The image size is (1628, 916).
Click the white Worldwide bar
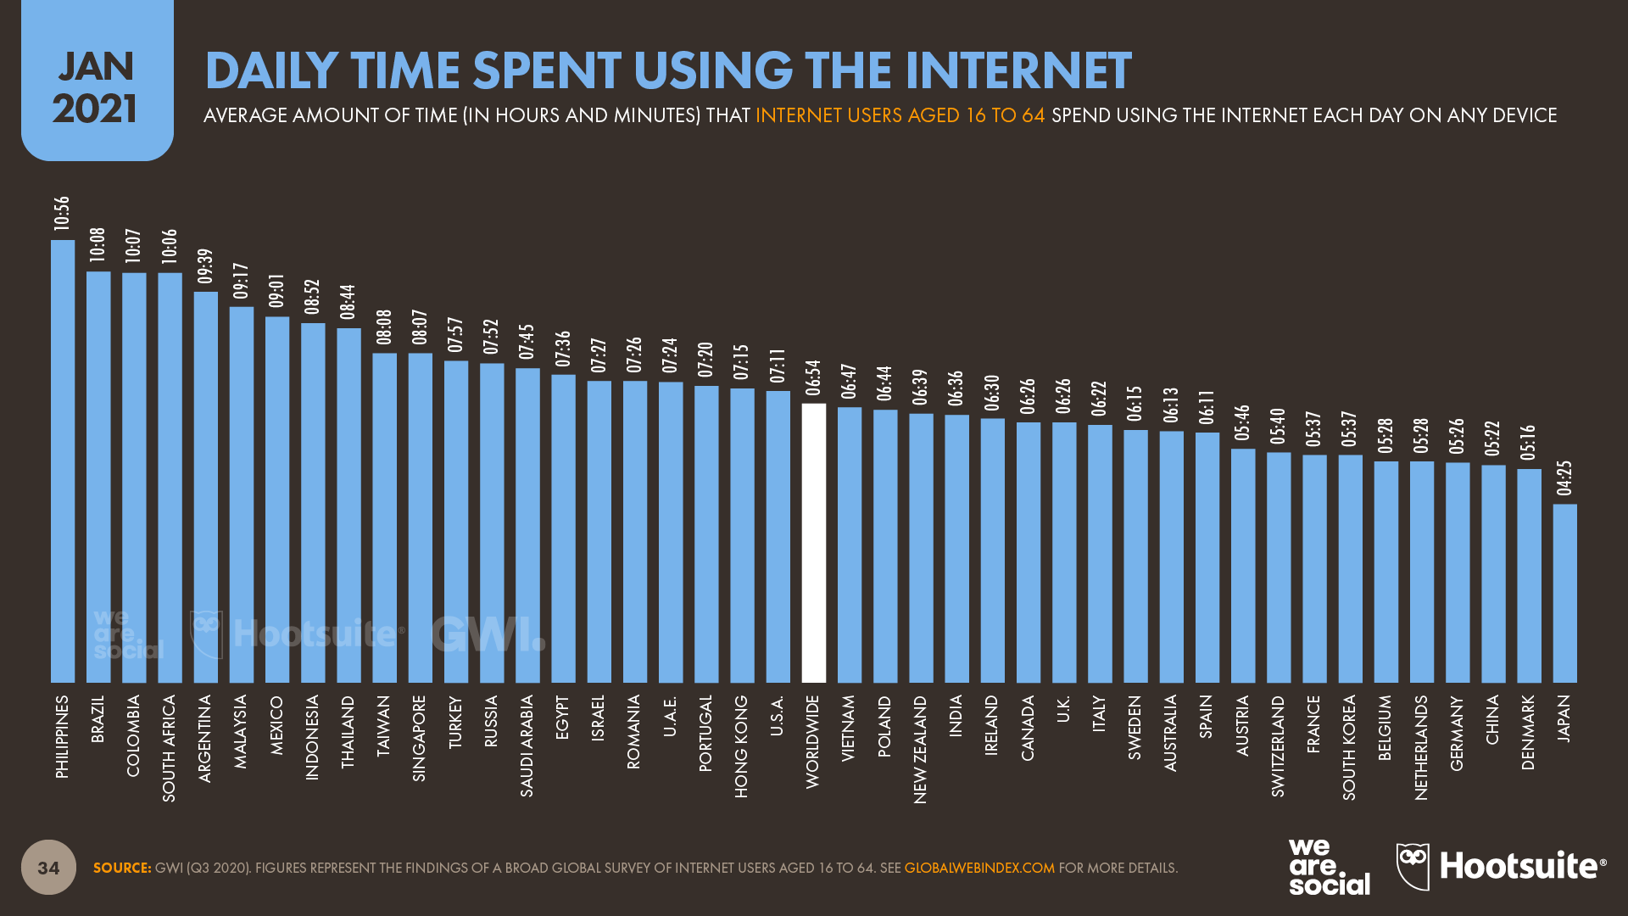point(813,543)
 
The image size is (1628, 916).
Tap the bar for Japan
point(1564,594)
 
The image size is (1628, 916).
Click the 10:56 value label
point(62,214)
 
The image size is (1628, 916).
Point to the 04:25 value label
point(1564,478)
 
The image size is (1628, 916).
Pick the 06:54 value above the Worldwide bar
point(813,378)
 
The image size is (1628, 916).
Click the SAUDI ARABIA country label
point(527,746)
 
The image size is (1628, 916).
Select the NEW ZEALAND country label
point(920,749)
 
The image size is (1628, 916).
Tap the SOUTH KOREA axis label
point(1349,747)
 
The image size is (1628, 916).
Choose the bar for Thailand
point(348,505)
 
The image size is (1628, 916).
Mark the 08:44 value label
point(348,302)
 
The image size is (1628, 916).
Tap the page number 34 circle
point(48,867)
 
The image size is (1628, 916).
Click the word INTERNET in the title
point(1017,70)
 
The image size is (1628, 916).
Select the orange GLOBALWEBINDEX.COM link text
point(979,868)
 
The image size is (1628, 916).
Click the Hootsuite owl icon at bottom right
point(1413,866)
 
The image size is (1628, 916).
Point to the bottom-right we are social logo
point(1328,867)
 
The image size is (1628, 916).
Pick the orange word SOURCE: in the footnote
point(122,868)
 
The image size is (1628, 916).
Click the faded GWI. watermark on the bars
point(487,634)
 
